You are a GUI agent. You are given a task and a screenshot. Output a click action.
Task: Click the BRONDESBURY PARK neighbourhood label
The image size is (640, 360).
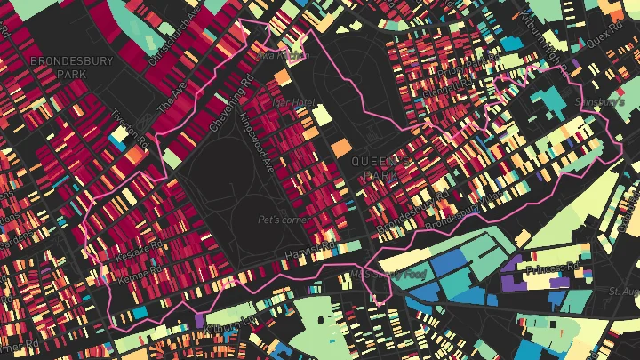tap(59, 68)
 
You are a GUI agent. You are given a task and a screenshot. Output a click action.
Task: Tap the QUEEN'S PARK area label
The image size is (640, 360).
tap(382, 168)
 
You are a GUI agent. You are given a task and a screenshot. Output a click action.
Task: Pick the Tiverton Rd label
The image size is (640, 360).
tap(129, 130)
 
